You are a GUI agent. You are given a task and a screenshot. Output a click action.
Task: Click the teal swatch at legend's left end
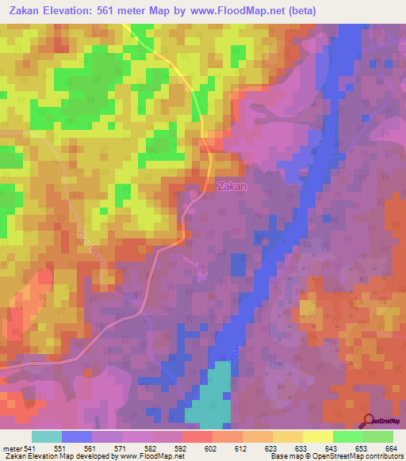pyautogui.click(x=46, y=436)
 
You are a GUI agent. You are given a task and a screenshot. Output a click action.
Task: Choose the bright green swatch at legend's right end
pyautogui.click(x=377, y=436)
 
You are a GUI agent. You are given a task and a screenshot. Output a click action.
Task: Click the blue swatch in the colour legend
pyautogui.click(x=76, y=436)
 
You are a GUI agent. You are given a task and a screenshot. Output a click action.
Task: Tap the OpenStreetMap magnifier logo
pyautogui.click(x=366, y=421)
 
